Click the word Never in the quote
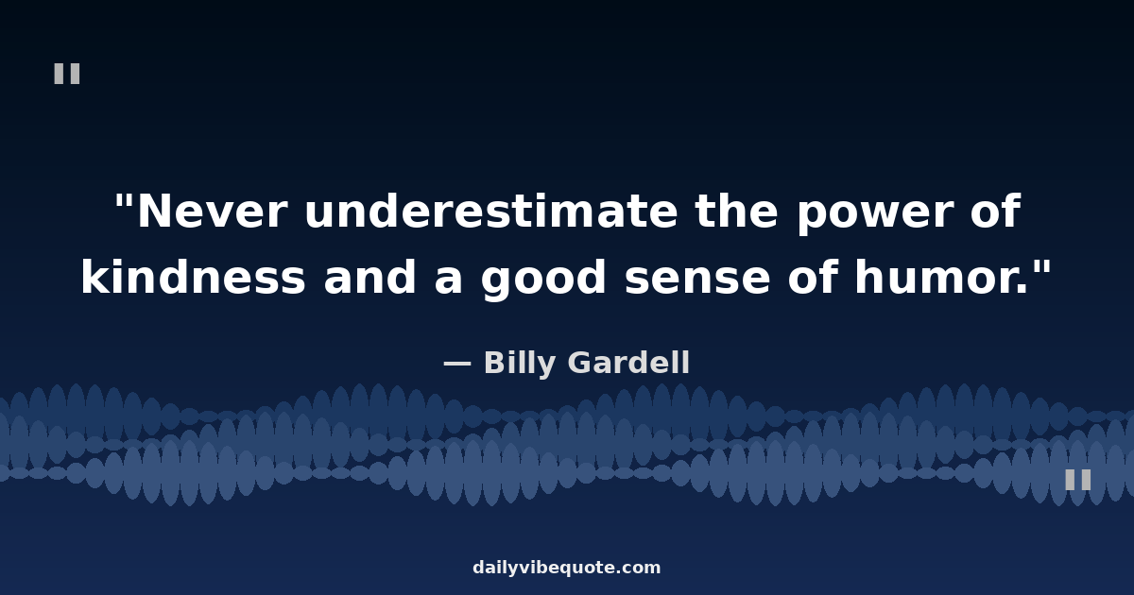212,212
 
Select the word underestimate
491,212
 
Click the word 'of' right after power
995,211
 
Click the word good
543,280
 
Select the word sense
697,280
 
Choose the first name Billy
520,364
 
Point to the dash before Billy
457,364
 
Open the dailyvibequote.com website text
566,568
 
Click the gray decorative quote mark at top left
67,74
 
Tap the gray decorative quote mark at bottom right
1078,480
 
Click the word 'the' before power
736,211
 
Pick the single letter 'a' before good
448,280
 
